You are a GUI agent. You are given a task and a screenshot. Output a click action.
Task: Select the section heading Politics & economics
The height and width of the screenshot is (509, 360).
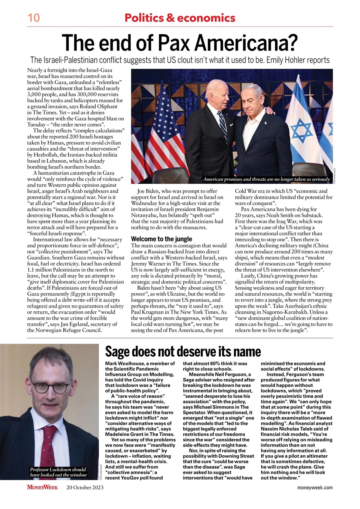click(x=180, y=18)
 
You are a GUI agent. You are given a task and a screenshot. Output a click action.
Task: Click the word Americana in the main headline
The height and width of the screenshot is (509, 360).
click(x=243, y=43)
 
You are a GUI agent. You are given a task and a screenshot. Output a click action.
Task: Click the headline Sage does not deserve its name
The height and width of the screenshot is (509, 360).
click(x=183, y=352)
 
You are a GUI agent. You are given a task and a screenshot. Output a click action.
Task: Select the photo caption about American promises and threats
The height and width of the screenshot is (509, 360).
click(x=266, y=180)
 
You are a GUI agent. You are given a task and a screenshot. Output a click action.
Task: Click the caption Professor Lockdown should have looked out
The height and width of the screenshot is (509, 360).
click(x=58, y=472)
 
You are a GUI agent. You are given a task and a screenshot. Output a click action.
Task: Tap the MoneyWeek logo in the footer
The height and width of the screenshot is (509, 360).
click(x=43, y=487)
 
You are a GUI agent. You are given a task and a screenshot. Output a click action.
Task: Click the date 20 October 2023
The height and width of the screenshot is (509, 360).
click(x=85, y=488)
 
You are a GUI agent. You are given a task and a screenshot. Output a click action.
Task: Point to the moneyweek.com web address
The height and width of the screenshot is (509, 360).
click(x=315, y=488)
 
